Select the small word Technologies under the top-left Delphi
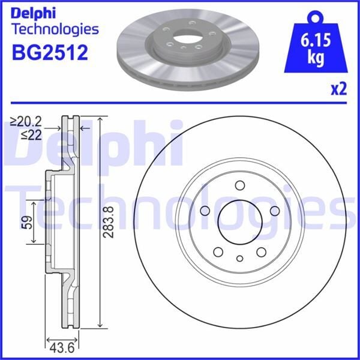55,29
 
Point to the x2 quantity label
339,89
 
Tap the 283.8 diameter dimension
108,223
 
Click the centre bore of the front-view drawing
239,220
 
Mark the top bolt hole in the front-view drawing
240,185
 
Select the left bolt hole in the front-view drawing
205,211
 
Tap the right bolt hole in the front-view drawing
274,211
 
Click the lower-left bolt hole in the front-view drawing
218,251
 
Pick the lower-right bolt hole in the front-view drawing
261,251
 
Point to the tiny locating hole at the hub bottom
240,259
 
